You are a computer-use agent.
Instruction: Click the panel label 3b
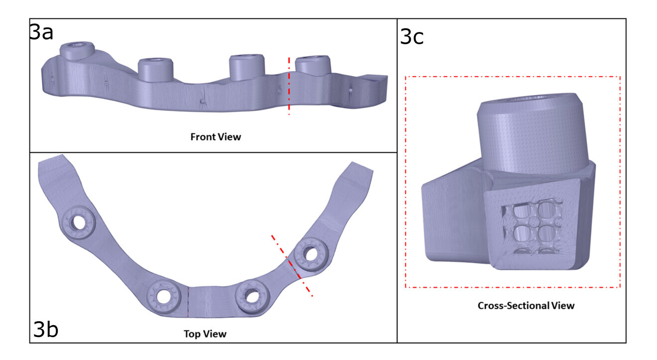pyautogui.click(x=46, y=329)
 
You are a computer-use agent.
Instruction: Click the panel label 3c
pyautogui.click(x=412, y=36)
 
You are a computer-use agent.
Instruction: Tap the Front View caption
pyautogui.click(x=215, y=136)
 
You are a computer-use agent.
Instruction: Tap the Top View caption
pyautogui.click(x=204, y=333)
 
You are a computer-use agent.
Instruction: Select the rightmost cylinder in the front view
pyautogui.click(x=313, y=66)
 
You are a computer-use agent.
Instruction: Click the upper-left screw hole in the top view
pyautogui.click(x=79, y=223)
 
